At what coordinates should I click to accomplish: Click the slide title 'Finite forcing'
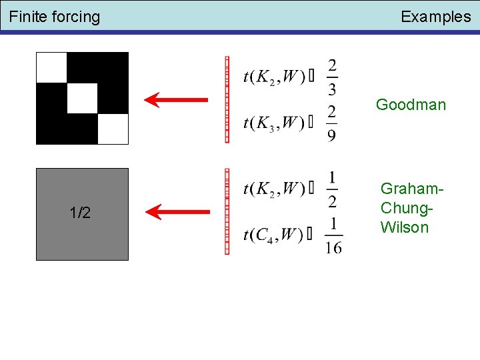click(x=55, y=17)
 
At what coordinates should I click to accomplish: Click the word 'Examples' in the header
click(x=435, y=17)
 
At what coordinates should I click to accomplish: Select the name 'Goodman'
click(x=411, y=105)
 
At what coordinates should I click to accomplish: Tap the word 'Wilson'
click(x=405, y=227)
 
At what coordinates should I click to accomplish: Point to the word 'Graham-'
click(x=411, y=189)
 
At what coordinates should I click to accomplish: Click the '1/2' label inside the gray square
click(x=81, y=213)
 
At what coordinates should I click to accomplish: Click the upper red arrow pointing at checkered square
click(x=177, y=100)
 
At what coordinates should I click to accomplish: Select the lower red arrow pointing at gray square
click(x=177, y=213)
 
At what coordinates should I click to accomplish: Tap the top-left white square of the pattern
click(x=51, y=67)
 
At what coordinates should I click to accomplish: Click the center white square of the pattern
click(x=82, y=98)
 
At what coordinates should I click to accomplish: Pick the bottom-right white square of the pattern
click(x=113, y=129)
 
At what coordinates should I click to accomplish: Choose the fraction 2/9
click(x=332, y=123)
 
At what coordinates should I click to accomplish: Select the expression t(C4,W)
click(x=274, y=235)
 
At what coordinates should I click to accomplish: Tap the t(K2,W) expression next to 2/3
click(x=274, y=78)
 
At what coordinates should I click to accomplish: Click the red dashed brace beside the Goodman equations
click(x=227, y=100)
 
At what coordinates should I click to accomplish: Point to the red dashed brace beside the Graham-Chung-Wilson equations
click(x=227, y=211)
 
